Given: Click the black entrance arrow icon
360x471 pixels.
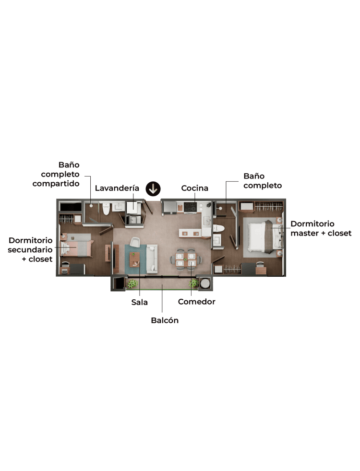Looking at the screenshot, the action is click(x=153, y=189).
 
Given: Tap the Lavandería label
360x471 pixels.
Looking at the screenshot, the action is click(x=117, y=188).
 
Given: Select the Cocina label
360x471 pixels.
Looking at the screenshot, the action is click(x=194, y=188).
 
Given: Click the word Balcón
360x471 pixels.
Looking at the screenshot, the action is click(x=165, y=320).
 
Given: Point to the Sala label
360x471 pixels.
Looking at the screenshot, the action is click(x=139, y=302).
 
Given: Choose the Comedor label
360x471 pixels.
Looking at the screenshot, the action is click(x=196, y=302).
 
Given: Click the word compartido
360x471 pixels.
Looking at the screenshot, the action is click(x=56, y=184).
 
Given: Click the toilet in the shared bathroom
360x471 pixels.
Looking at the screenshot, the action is click(x=106, y=209).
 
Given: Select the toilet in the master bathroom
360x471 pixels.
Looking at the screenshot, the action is click(x=219, y=228).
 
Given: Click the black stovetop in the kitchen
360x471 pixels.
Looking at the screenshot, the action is click(x=190, y=207).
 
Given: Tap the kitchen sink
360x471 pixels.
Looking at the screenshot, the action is click(x=207, y=222).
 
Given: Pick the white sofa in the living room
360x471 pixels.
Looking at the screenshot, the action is click(x=152, y=259).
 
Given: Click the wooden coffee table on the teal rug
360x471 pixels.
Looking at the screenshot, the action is click(x=134, y=259).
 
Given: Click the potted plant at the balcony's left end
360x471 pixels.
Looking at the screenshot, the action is click(x=132, y=283).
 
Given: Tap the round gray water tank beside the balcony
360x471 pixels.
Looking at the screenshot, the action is click(x=205, y=283).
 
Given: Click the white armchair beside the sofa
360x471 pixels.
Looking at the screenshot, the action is click(x=134, y=242).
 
